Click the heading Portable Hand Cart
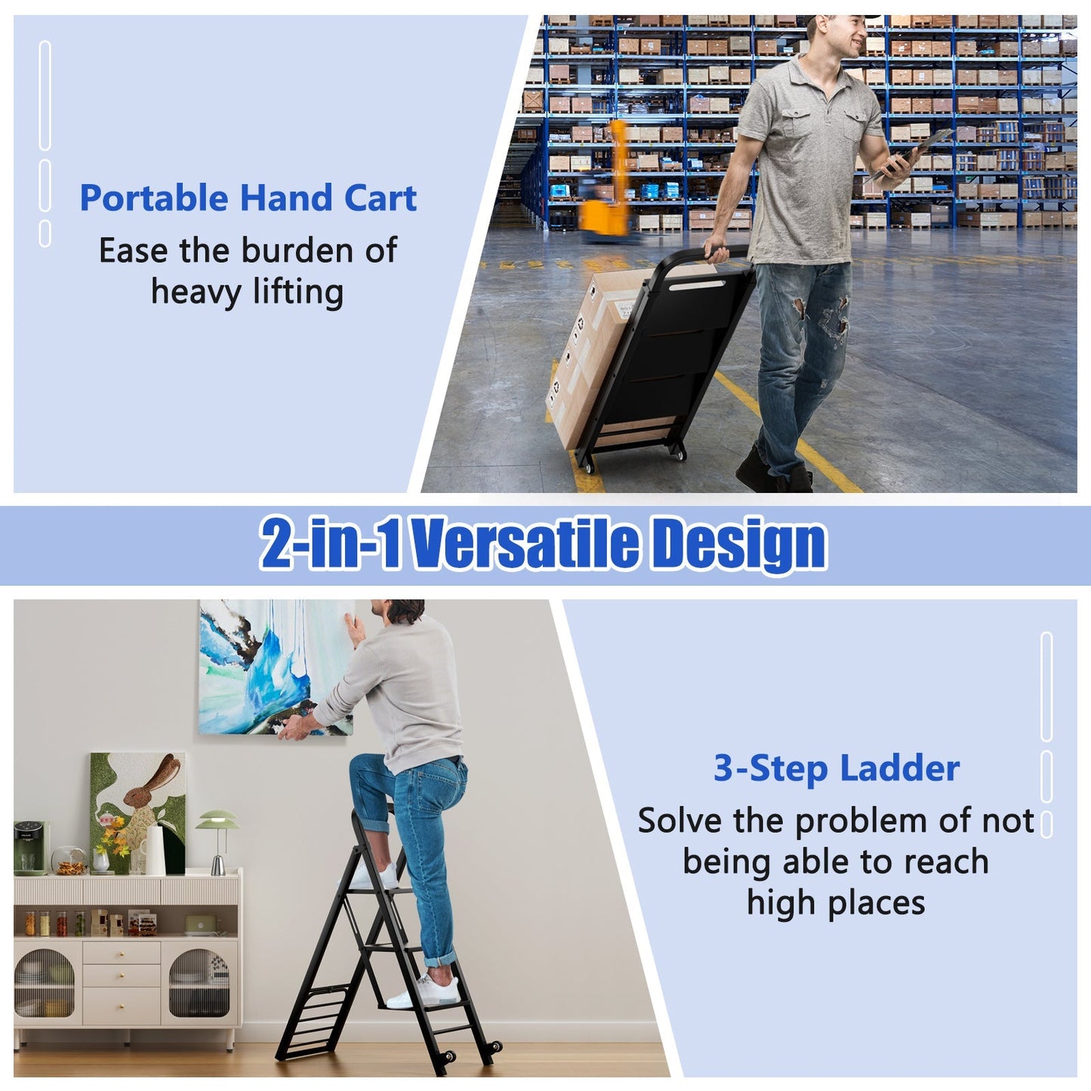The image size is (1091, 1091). (x=248, y=199)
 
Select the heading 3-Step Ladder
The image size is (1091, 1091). (x=837, y=769)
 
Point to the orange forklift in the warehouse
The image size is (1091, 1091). (x=607, y=185)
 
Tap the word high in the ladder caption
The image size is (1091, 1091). (x=775, y=902)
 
